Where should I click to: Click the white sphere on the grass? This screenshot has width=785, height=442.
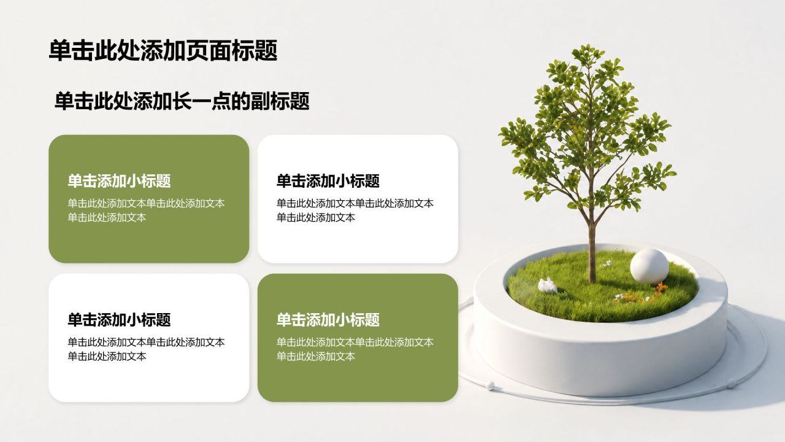tap(649, 266)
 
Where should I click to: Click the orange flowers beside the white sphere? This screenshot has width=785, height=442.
tap(661, 288)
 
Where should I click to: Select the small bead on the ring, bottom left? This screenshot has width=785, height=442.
tap(490, 386)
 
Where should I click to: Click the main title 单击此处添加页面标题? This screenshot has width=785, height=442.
tap(163, 50)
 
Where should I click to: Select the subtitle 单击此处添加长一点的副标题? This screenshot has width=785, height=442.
tap(182, 101)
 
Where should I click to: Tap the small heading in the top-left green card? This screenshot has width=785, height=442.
tap(119, 181)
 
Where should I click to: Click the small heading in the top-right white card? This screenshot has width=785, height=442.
tap(328, 181)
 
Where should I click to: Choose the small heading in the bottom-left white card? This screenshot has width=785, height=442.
tap(119, 320)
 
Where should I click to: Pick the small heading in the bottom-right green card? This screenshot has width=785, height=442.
tap(328, 320)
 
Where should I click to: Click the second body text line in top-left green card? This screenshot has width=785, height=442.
tap(107, 217)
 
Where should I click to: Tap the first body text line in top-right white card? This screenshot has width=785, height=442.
tap(355, 203)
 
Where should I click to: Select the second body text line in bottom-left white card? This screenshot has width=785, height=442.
tap(107, 357)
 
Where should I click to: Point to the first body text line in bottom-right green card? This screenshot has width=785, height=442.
tap(355, 342)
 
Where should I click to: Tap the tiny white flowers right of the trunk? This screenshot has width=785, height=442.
tap(607, 263)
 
